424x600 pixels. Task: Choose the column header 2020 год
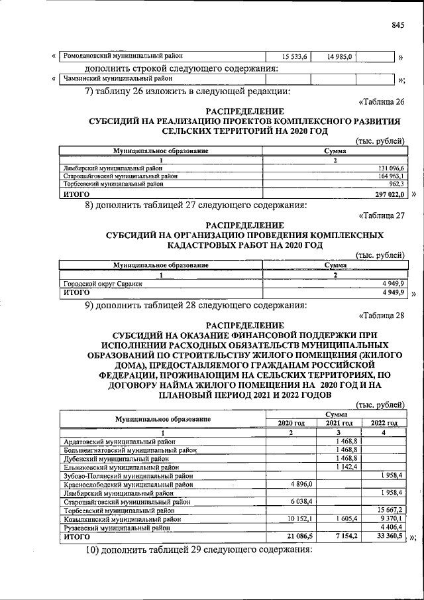[290, 423]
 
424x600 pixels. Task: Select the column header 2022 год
[384, 423]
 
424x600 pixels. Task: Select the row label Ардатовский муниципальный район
[115, 442]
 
